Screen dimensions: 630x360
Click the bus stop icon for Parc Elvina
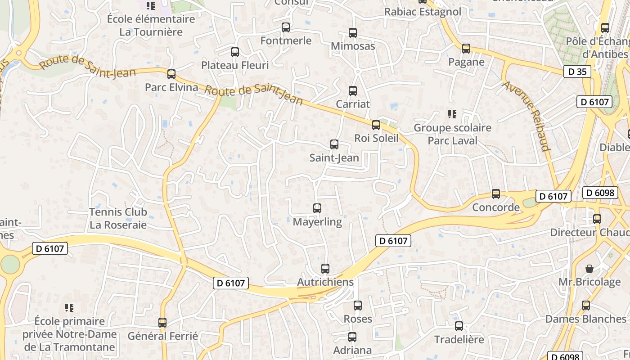[x=171, y=74]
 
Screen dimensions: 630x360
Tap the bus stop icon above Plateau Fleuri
[x=234, y=52]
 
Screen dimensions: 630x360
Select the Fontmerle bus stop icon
[x=285, y=27]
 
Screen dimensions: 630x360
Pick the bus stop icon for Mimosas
[x=352, y=33]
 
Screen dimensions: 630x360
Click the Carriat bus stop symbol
[x=352, y=91]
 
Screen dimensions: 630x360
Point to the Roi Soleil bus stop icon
[x=376, y=125]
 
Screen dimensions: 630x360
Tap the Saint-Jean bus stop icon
[x=334, y=144]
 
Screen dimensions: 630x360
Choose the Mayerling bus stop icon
[x=317, y=208]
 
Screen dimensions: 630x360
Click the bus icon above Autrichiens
[x=325, y=269]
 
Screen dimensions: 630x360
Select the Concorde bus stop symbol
[x=495, y=194]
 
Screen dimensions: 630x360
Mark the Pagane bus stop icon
[x=466, y=49]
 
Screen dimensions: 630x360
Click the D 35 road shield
[x=577, y=72]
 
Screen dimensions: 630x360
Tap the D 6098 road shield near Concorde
[x=600, y=193]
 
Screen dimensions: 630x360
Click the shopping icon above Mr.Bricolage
[x=589, y=269]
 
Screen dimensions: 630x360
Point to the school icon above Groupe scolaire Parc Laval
[x=452, y=114]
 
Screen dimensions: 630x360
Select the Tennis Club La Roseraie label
[x=118, y=218]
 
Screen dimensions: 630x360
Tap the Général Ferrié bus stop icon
[x=162, y=323]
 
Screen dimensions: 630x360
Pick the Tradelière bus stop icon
[x=459, y=326]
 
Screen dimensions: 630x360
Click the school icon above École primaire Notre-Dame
[x=69, y=308]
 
